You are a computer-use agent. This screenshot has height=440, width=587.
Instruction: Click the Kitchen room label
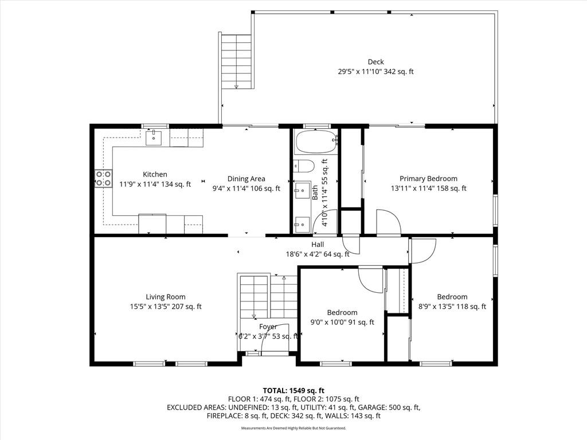click(155, 174)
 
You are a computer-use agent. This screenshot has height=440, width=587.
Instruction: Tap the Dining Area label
click(246, 179)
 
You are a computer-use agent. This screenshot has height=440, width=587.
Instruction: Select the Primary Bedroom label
click(428, 179)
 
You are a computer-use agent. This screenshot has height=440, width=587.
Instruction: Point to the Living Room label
click(166, 297)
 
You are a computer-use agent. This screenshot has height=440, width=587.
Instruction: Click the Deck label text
click(376, 62)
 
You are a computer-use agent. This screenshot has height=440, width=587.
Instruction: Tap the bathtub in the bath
click(316, 142)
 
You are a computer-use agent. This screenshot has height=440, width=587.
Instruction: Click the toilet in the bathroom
click(304, 166)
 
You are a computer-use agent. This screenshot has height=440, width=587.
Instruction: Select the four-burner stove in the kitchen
click(103, 178)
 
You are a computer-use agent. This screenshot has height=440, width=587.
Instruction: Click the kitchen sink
click(154, 137)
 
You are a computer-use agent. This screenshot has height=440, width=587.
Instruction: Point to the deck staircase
click(236, 61)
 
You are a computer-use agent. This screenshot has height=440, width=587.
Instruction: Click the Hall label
click(318, 245)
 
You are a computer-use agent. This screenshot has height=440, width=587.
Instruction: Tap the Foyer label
click(268, 327)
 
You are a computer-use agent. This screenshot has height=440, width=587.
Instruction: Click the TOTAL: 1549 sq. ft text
click(293, 391)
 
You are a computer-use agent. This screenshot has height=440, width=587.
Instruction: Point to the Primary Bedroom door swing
click(389, 222)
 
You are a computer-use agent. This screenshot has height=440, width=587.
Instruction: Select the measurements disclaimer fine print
click(293, 428)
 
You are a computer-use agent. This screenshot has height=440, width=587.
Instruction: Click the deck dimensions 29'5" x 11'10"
click(359, 72)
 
